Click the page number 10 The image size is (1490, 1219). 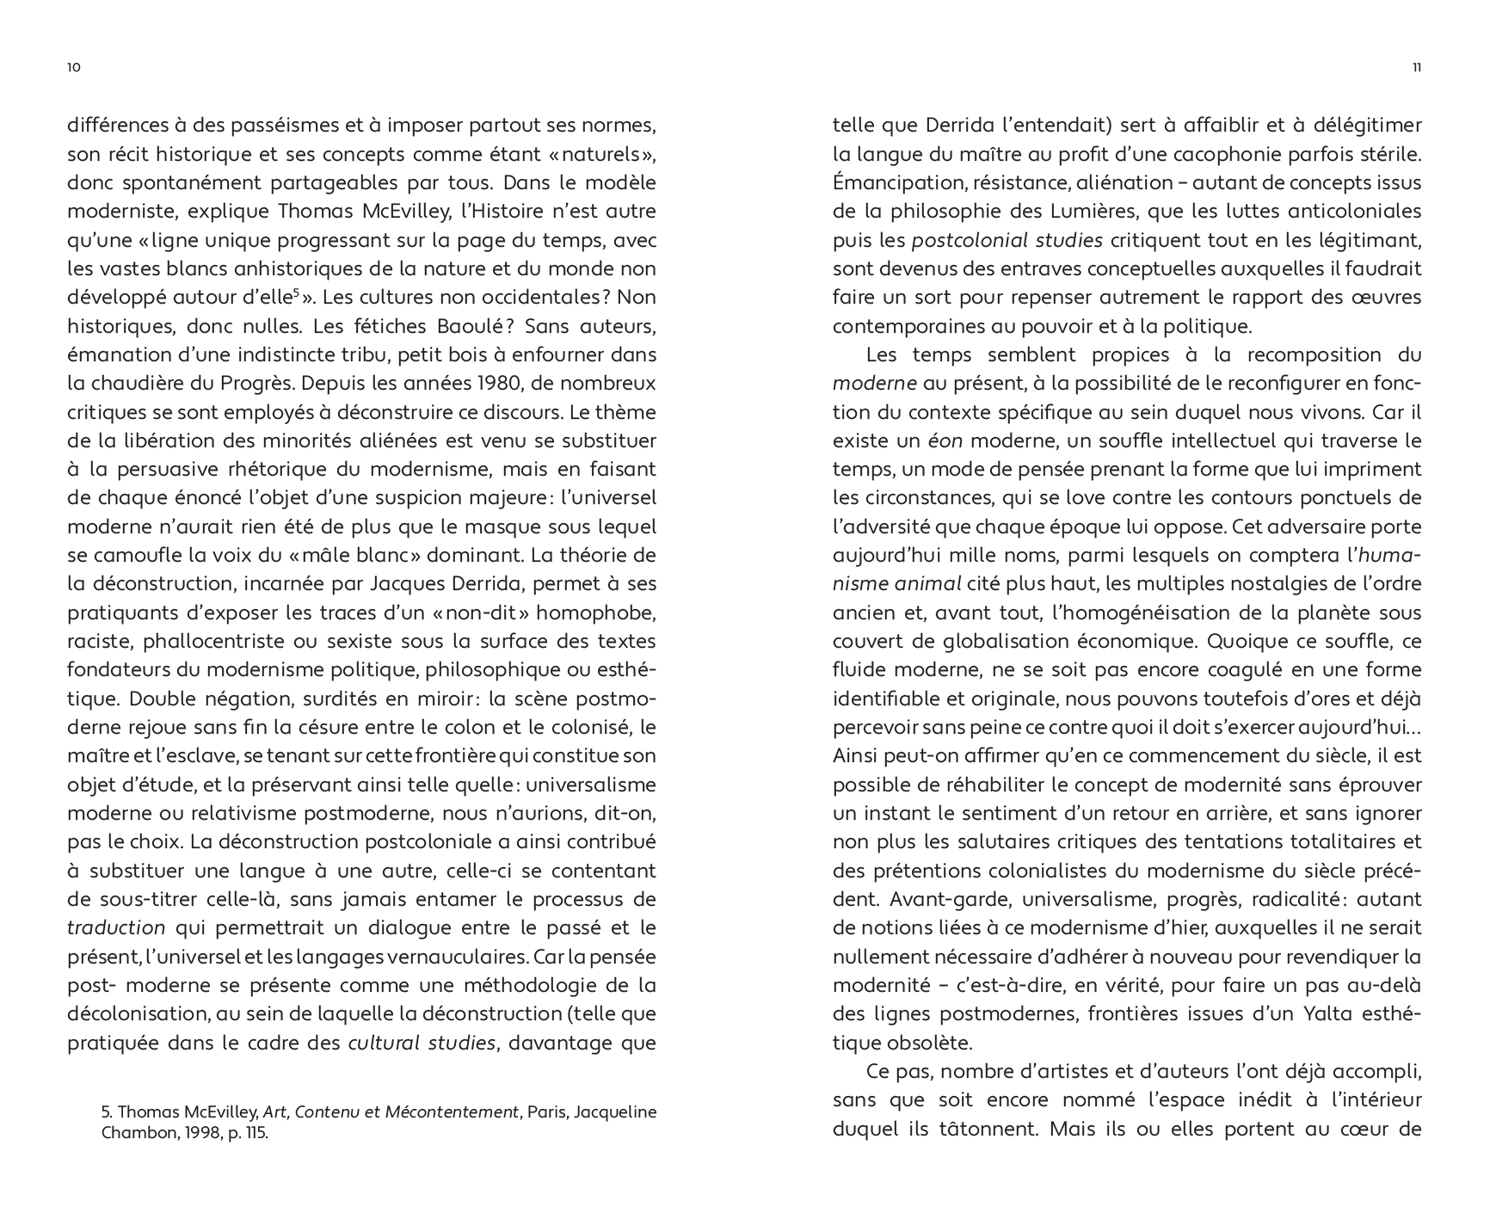(73, 68)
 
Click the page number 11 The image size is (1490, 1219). (1416, 68)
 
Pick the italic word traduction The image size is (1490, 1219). (116, 927)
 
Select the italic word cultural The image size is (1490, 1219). (383, 1043)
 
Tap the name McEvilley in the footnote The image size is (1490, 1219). (222, 1111)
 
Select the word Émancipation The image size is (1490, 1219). (891, 182)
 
